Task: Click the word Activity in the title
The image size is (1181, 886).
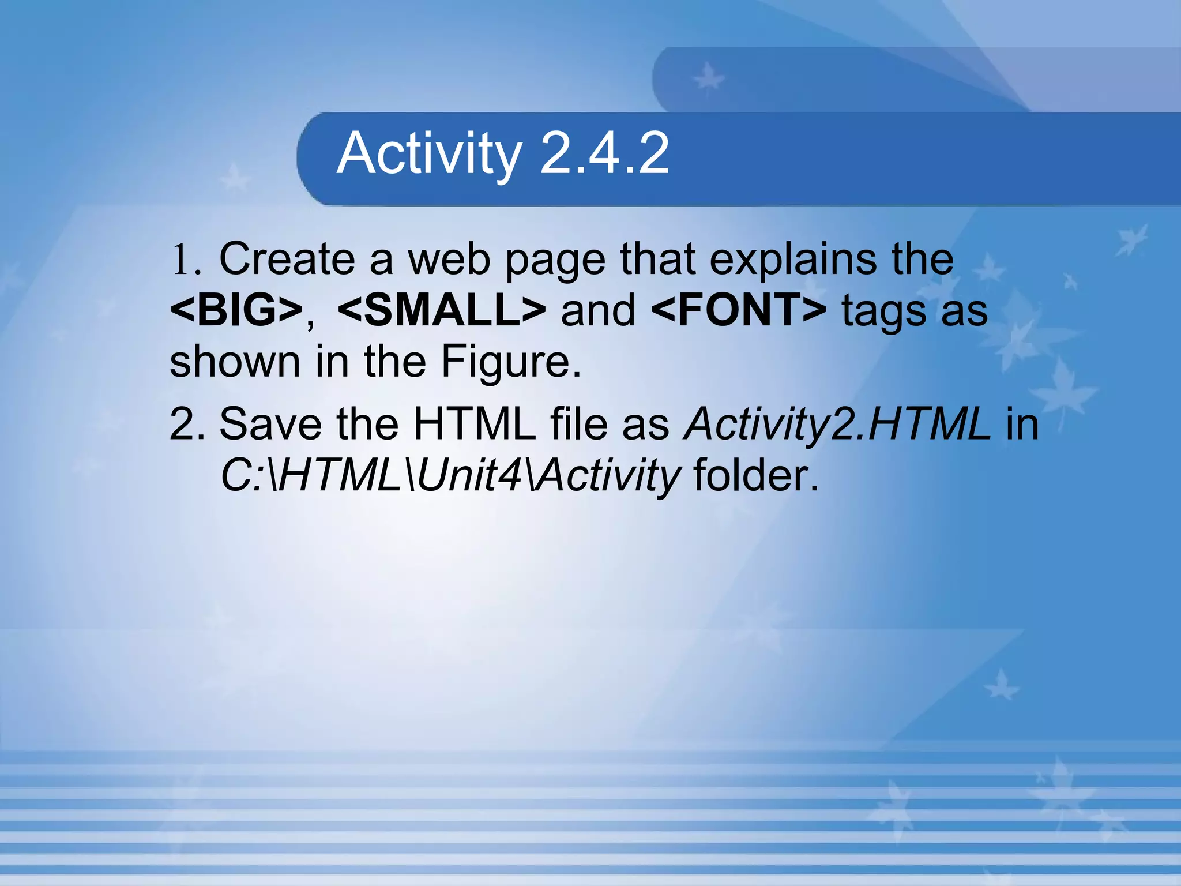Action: tap(430, 153)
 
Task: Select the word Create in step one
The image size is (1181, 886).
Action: tap(287, 259)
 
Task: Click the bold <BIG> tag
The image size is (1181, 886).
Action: tap(236, 310)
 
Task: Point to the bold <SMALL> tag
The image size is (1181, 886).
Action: tap(442, 310)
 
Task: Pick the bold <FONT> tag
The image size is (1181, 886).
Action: tap(739, 310)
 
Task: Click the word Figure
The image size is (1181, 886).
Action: tap(511, 362)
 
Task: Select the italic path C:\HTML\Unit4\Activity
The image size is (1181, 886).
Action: tap(450, 476)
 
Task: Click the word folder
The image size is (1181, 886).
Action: tap(756, 476)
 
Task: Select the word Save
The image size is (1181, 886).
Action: tap(270, 425)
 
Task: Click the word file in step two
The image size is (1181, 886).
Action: tap(579, 425)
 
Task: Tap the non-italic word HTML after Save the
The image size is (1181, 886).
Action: tap(475, 425)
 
